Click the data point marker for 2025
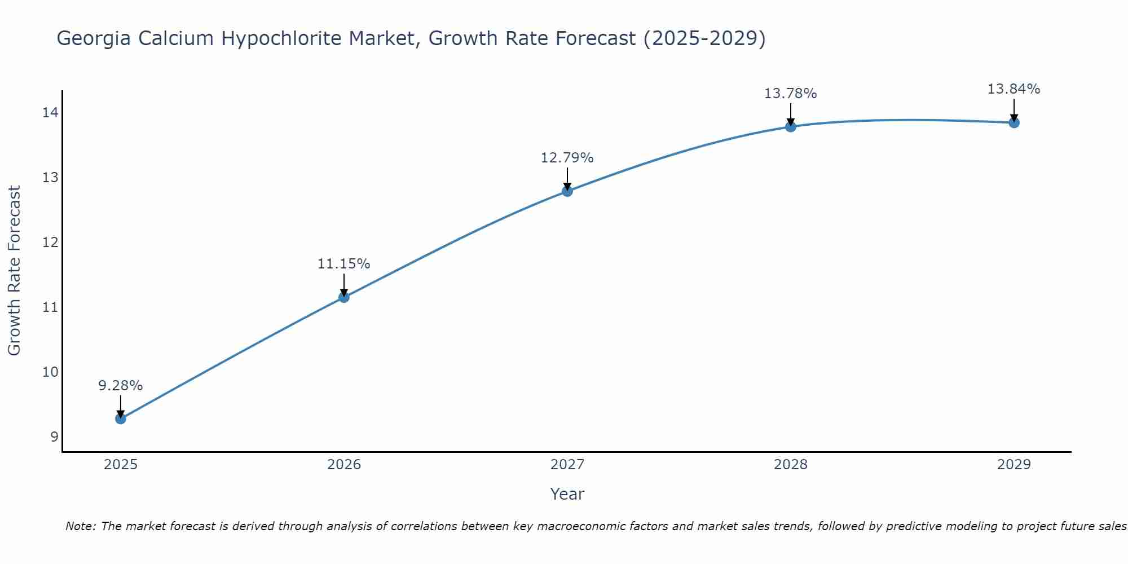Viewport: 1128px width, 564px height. pos(120,418)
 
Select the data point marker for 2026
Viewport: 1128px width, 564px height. pos(343,297)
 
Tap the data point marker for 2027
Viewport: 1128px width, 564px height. pos(567,191)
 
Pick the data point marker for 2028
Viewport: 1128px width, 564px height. pos(791,126)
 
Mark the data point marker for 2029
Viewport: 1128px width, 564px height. pos(1014,122)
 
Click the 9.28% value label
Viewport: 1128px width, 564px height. pos(120,386)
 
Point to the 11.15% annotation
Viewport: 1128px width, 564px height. pos(343,264)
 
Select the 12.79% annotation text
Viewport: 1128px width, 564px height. pos(567,158)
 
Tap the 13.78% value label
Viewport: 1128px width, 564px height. pos(790,94)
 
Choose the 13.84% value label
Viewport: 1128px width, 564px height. pos(1014,89)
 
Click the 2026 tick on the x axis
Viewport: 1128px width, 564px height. pos(344,465)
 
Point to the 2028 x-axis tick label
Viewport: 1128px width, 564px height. pos(791,465)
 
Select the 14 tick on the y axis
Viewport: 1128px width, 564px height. pos(50,113)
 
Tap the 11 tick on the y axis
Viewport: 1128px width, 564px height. pos(50,307)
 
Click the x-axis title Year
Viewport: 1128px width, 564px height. pos(567,494)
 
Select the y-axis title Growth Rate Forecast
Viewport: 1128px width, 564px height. pos(15,270)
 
